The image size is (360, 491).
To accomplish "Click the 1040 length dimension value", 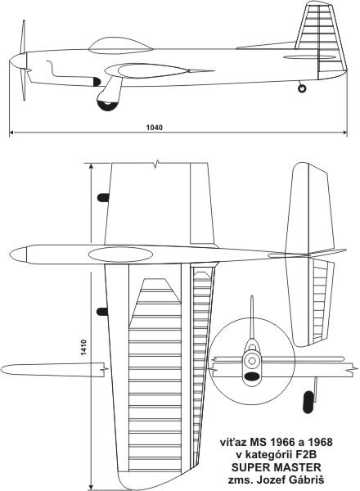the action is pos(155,128).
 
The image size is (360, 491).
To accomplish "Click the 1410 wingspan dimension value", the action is pos(83,347).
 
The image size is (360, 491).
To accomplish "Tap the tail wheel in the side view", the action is pos(302,88).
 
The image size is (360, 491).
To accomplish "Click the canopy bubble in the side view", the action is pos(120,46).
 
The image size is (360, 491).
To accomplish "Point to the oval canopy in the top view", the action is pos(120,255).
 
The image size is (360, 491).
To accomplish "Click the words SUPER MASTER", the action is pos(277,467).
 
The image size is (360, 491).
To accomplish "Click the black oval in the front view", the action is pos(252,376).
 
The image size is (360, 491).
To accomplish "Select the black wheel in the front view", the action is pos(308,402).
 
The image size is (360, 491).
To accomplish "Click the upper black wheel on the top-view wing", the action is pos(103,197).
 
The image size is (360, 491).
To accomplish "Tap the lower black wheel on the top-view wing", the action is pos(102,312).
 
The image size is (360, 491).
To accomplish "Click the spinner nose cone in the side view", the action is pos(18,61).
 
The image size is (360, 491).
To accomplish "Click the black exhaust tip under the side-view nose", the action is pos(97,82).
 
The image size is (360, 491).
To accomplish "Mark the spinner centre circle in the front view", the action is pos(252,361).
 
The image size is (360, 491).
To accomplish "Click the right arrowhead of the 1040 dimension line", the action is pos(344,133).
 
